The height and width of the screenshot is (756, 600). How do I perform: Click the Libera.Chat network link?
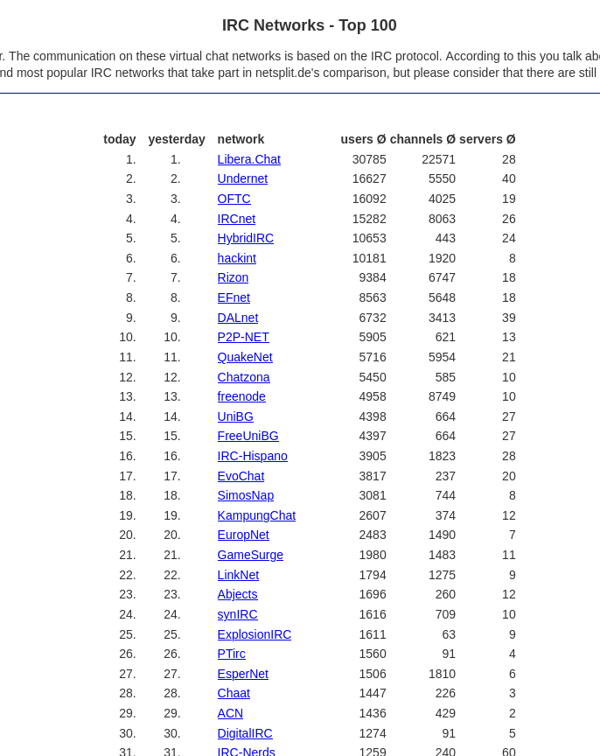point(248,159)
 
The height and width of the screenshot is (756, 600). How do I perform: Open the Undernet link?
point(242,178)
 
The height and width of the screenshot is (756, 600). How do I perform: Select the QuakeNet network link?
point(245,357)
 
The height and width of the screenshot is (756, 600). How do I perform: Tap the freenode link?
point(241,396)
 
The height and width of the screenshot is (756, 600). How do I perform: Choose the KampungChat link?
point(256,515)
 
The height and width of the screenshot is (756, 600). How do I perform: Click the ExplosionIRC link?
point(255,634)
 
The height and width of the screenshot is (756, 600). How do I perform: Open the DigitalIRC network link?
point(245,733)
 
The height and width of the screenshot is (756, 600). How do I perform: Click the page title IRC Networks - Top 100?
point(309,25)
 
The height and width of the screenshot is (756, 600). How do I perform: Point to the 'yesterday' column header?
point(177,139)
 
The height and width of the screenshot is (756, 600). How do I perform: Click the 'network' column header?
point(241,139)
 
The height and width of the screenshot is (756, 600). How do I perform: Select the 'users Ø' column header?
point(363,139)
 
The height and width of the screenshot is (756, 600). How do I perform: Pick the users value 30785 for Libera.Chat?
point(369,159)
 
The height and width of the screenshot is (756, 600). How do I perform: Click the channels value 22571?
point(438,159)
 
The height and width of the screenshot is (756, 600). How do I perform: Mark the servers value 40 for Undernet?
point(508,178)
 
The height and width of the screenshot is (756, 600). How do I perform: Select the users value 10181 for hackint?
point(369,258)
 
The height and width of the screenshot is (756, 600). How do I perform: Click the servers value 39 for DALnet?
point(508,318)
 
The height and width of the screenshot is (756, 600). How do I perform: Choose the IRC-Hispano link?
point(252,456)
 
